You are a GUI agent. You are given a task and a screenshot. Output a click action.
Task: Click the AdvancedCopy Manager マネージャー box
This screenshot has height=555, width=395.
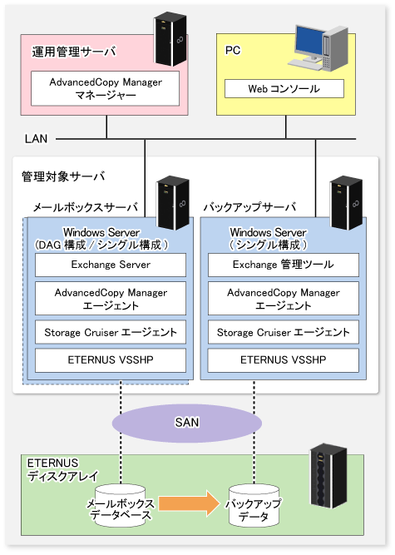click(105, 88)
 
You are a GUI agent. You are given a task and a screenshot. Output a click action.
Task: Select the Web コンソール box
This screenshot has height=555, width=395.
click(284, 88)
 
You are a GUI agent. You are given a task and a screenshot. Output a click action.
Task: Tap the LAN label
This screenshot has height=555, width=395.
click(36, 139)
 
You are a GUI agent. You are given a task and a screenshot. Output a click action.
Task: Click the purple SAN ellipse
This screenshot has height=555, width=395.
click(187, 423)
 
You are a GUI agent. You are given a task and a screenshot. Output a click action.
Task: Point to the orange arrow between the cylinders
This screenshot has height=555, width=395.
click(190, 503)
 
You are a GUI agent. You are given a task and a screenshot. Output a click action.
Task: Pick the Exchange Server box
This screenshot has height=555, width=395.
click(111, 265)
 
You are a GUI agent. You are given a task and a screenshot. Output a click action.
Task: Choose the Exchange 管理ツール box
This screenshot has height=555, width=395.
click(284, 265)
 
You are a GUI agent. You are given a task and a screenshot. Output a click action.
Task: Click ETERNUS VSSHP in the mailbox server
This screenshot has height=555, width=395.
click(111, 360)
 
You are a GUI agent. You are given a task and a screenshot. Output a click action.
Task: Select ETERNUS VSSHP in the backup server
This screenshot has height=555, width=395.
click(284, 360)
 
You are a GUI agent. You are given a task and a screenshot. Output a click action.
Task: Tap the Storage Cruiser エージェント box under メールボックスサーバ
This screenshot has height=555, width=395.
click(111, 332)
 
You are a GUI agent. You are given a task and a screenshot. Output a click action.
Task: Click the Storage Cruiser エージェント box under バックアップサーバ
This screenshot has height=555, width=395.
click(284, 332)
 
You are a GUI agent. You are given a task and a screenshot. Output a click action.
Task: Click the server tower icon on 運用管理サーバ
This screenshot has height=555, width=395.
click(170, 39)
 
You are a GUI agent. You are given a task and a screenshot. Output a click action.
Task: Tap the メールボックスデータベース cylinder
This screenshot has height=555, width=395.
click(121, 506)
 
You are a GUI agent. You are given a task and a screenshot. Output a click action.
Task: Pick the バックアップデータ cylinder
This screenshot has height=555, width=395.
click(254, 506)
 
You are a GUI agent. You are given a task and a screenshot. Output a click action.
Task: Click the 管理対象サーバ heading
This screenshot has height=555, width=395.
click(63, 176)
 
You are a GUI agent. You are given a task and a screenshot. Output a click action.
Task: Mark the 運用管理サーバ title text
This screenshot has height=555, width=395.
click(74, 52)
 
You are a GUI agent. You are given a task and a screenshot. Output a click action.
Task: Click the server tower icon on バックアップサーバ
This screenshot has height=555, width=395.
click(346, 202)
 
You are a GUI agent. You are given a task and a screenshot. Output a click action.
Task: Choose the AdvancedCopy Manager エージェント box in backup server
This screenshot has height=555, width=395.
click(284, 299)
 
